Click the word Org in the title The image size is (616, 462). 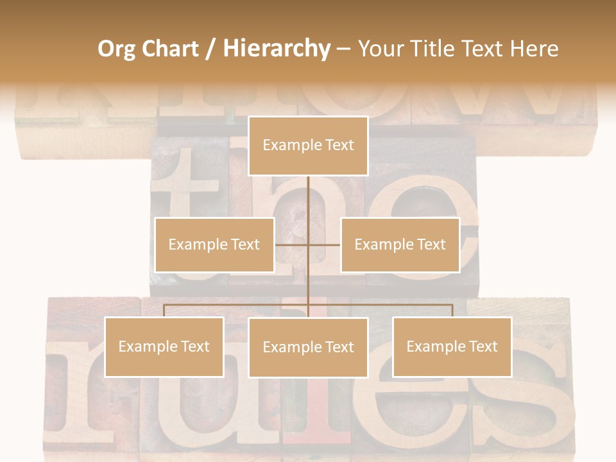pyautogui.click(x=116, y=49)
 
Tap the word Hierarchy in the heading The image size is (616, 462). pyautogui.click(x=276, y=49)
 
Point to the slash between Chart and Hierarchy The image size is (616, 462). pyautogui.click(x=210, y=49)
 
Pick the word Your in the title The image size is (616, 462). pyautogui.click(x=379, y=49)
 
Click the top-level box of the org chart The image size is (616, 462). pyautogui.click(x=308, y=146)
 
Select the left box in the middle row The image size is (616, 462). pyautogui.click(x=214, y=244)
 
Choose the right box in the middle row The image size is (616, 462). pyautogui.click(x=400, y=244)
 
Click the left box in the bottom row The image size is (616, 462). pyautogui.click(x=164, y=346)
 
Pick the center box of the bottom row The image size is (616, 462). pyautogui.click(x=308, y=347)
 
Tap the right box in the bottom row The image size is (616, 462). pyautogui.click(x=452, y=346)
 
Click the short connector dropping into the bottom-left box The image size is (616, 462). pyautogui.click(x=164, y=311)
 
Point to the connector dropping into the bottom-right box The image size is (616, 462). pyautogui.click(x=452, y=311)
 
